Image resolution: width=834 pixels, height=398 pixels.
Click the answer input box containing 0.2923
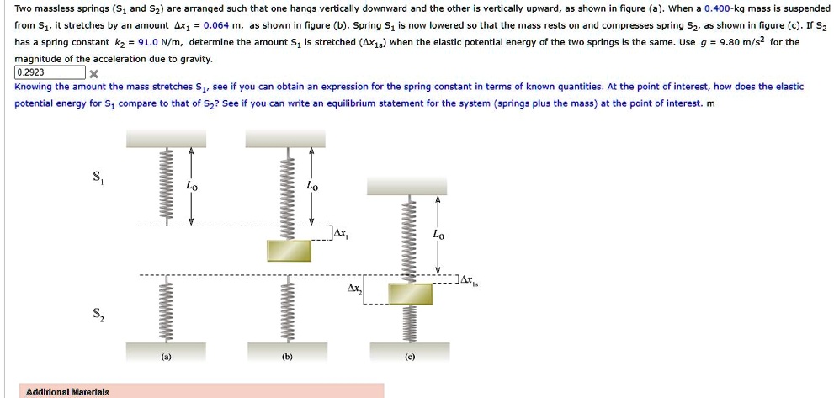click(x=51, y=72)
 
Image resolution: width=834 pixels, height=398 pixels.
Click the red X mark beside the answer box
click(x=94, y=73)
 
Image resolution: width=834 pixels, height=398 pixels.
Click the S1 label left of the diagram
click(x=99, y=178)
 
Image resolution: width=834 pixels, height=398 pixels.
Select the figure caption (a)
click(x=167, y=357)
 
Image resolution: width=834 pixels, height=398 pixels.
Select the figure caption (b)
click(x=287, y=357)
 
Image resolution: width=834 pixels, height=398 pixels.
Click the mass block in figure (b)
click(x=289, y=251)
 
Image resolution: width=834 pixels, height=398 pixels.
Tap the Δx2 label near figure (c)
click(x=354, y=289)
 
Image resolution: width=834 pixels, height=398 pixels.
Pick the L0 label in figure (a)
click(x=192, y=185)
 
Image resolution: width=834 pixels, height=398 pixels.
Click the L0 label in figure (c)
click(x=438, y=236)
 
